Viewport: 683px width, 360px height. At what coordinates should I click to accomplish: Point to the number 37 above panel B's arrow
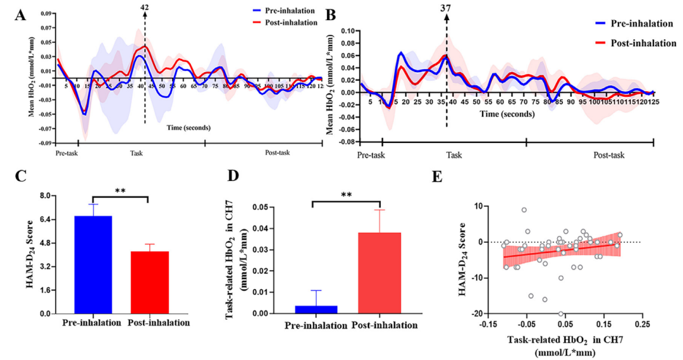coord(446,8)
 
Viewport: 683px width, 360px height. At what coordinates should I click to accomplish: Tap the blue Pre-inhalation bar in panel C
coord(93,264)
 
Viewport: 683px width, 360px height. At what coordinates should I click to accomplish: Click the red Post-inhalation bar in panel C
coord(150,282)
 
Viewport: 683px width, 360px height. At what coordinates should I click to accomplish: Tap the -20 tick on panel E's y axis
coord(489,314)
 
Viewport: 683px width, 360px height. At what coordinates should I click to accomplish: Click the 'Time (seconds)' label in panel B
coord(505,116)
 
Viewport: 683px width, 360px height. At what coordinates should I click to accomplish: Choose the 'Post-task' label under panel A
coord(276,152)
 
